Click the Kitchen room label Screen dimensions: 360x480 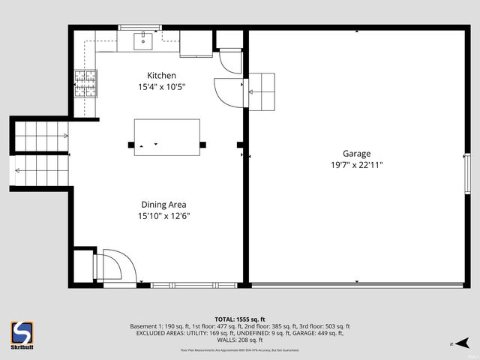pos(161,75)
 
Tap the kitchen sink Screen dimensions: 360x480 pos(142,40)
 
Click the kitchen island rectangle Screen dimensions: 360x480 pos(166,137)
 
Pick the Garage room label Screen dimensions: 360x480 pos(357,153)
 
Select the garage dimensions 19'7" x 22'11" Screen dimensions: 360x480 pos(357,165)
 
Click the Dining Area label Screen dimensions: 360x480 pos(163,204)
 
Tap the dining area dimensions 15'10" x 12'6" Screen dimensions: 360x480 pos(163,216)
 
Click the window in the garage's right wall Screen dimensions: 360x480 pos(467,175)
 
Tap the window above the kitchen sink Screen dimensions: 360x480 pos(140,28)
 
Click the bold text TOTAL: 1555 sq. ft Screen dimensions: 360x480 pos(239,319)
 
